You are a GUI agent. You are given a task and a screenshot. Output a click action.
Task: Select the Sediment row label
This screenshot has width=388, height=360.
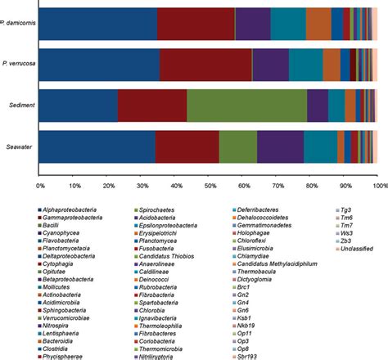point(19,106)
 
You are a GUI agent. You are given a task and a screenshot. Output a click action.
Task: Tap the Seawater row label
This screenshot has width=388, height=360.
point(18,151)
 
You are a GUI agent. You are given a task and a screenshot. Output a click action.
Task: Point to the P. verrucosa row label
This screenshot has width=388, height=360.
point(17,62)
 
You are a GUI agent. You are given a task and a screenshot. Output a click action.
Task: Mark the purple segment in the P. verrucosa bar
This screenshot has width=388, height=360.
point(270,62)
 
